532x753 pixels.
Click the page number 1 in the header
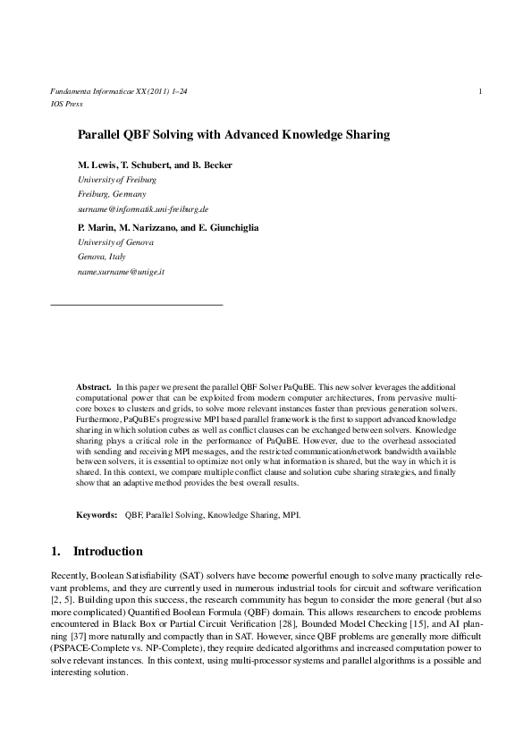[481, 91]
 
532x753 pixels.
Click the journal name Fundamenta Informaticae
[87, 92]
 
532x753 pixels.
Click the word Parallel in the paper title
[101, 135]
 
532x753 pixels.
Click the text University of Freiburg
[117, 180]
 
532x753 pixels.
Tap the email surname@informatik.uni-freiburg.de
[143, 207]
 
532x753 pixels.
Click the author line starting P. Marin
[168, 228]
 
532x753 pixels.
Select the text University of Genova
[116, 242]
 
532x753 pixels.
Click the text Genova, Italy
[102, 256]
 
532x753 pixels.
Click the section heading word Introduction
[107, 552]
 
